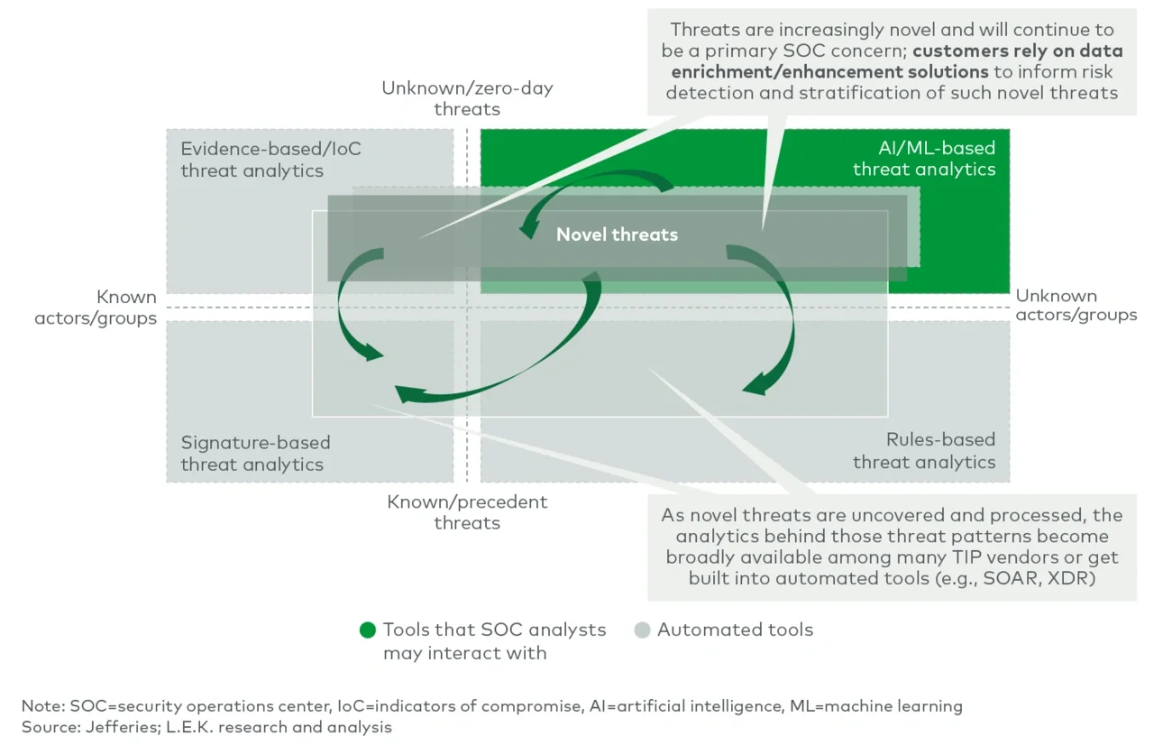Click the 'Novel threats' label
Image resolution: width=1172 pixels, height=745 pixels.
click(x=617, y=235)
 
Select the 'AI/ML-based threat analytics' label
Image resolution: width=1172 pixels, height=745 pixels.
click(x=924, y=159)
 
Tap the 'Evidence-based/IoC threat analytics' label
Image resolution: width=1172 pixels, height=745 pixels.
click(x=270, y=160)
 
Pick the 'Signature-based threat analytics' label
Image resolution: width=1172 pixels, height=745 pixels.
click(x=255, y=454)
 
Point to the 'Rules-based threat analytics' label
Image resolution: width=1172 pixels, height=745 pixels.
click(x=924, y=451)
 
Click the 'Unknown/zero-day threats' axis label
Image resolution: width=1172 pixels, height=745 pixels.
click(x=467, y=98)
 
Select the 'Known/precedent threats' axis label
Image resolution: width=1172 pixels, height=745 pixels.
click(x=467, y=512)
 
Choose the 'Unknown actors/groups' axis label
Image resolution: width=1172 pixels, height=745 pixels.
click(x=1076, y=305)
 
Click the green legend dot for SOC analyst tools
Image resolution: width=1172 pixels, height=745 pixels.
click(x=367, y=630)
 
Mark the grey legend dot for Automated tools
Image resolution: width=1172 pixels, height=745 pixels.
click(x=642, y=630)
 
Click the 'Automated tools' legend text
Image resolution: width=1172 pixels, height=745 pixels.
click(x=735, y=630)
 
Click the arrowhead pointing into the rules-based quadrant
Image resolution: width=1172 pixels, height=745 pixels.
click(x=754, y=385)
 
